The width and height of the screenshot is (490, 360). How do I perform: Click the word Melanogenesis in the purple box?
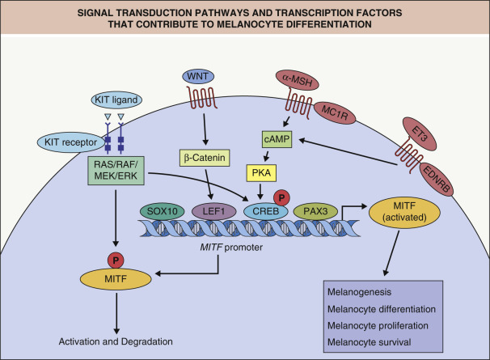(x=355, y=290)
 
